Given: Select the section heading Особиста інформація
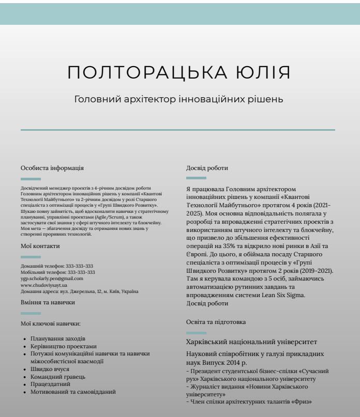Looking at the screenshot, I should [52, 168].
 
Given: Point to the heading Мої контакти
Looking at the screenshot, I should [40, 246].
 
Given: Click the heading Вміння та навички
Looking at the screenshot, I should [48, 302].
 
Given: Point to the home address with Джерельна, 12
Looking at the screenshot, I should [79, 291].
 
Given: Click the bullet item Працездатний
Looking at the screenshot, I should [52, 384].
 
